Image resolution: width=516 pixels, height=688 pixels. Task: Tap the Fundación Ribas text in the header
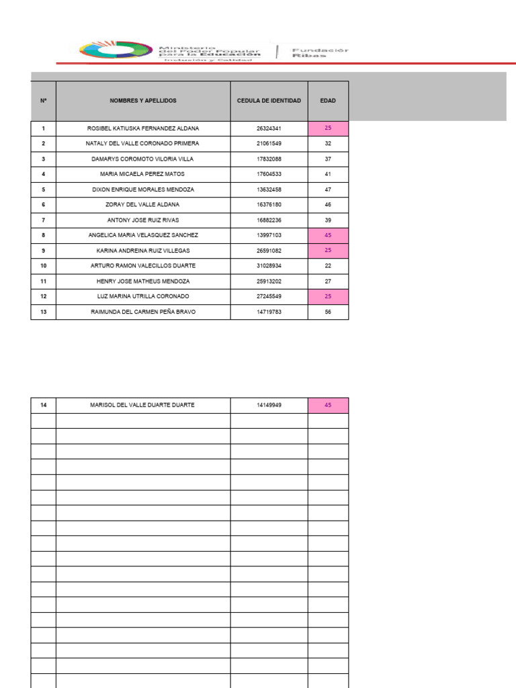(x=319, y=52)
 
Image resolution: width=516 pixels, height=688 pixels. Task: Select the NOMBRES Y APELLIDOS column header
(x=143, y=101)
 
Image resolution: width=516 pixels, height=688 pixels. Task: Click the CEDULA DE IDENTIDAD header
(x=269, y=101)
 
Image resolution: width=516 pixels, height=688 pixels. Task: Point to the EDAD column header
(x=328, y=101)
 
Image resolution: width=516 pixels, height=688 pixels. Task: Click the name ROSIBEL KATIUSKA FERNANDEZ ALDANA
(x=143, y=128)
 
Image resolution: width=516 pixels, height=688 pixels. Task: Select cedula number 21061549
(x=269, y=144)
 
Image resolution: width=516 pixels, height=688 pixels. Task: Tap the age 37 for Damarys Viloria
(x=328, y=159)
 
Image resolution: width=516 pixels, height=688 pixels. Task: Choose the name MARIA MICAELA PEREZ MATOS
(x=143, y=174)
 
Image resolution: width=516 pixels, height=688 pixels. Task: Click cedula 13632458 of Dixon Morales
(x=269, y=189)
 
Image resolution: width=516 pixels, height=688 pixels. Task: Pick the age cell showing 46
(x=328, y=205)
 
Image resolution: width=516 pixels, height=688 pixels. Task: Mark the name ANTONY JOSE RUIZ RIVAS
(x=143, y=220)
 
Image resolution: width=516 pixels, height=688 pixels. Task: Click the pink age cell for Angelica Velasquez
(x=328, y=235)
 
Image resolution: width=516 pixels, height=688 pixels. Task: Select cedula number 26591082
(x=269, y=251)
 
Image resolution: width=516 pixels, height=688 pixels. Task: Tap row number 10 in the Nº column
(x=44, y=266)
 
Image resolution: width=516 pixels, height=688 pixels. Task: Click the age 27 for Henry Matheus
(x=328, y=281)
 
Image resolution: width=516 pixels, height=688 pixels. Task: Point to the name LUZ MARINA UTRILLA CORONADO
(x=143, y=296)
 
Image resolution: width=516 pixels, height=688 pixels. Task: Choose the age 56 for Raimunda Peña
(x=328, y=312)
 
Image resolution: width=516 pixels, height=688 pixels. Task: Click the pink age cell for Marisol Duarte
(x=328, y=405)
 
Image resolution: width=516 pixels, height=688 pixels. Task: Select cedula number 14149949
(x=269, y=405)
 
